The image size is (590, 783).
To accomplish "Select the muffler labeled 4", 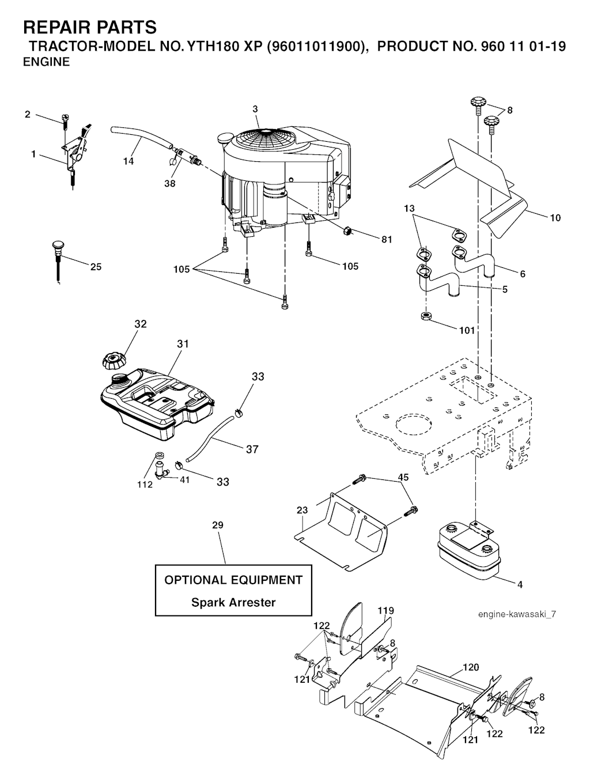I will [467, 550].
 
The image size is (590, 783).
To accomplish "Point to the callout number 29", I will [217, 525].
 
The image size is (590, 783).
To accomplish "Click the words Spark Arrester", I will [233, 603].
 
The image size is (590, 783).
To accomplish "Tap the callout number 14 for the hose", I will [128, 161].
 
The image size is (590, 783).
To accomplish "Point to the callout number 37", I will [252, 449].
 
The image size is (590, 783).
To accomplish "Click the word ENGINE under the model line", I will [46, 62].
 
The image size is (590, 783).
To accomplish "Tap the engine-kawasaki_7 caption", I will [517, 614].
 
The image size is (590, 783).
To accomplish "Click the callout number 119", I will [385, 610].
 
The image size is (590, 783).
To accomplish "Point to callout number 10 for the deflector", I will [555, 218].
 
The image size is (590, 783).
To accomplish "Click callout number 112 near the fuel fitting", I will [145, 485].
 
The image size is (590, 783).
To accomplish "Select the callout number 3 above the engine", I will [255, 109].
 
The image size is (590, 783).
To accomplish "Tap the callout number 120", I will [470, 667].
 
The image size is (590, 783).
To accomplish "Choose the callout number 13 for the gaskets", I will [409, 207].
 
